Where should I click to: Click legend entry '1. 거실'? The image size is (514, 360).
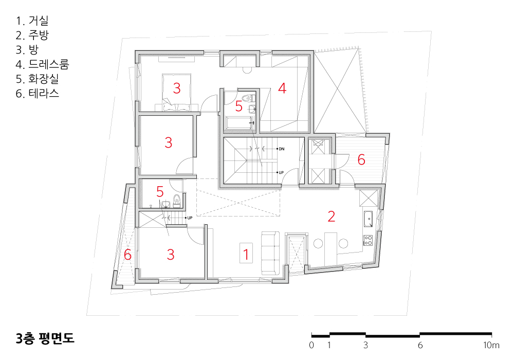pyautogui.click(x=32, y=21)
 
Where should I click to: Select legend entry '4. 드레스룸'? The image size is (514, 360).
pyautogui.click(x=42, y=64)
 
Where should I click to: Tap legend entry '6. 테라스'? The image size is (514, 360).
pyautogui.click(x=38, y=94)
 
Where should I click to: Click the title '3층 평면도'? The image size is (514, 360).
pyautogui.click(x=45, y=338)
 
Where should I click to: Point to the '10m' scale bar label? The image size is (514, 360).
pyautogui.click(x=491, y=345)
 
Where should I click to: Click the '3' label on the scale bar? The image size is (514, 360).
pyautogui.click(x=365, y=345)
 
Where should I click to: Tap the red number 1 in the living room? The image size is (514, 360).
pyautogui.click(x=246, y=254)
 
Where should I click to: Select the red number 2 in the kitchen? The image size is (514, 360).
pyautogui.click(x=332, y=217)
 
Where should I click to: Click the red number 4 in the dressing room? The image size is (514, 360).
pyautogui.click(x=282, y=88)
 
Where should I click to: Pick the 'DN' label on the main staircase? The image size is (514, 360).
pyautogui.click(x=281, y=149)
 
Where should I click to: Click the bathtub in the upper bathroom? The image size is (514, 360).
pyautogui.click(x=240, y=123)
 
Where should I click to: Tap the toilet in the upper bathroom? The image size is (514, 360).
pyautogui.click(x=248, y=98)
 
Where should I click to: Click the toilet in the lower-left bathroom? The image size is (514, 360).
pyautogui.click(x=177, y=201)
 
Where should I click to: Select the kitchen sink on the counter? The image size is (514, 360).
pyautogui.click(x=368, y=219)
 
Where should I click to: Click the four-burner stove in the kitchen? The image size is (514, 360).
pyautogui.click(x=368, y=240)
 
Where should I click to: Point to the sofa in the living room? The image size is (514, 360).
pyautogui.click(x=270, y=253)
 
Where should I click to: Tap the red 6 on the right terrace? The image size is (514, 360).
pyautogui.click(x=361, y=159)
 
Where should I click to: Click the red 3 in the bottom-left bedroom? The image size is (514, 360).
pyautogui.click(x=171, y=255)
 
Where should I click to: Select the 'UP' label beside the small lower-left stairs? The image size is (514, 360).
pyautogui.click(x=190, y=218)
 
